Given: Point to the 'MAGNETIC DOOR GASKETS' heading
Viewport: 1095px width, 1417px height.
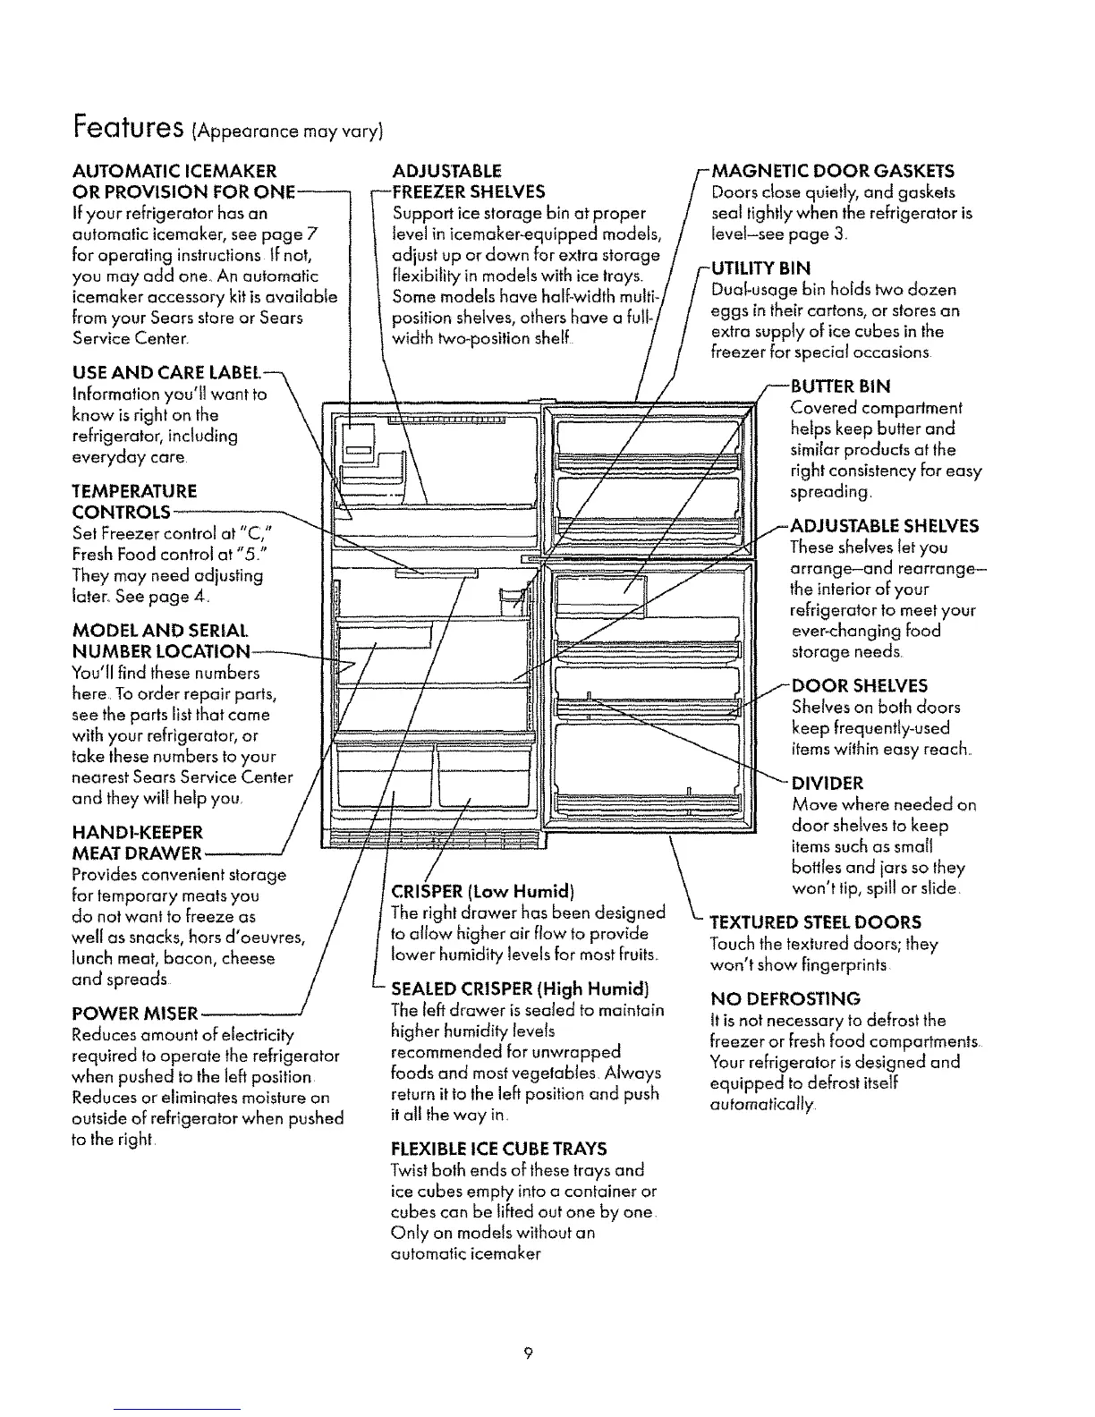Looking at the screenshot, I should click(x=833, y=171).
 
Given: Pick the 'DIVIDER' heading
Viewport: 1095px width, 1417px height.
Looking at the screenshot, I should click(x=828, y=784).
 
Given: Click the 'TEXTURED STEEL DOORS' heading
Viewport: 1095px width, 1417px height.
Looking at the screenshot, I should click(x=815, y=922).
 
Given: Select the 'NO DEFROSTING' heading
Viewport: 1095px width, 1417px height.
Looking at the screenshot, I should click(x=785, y=998).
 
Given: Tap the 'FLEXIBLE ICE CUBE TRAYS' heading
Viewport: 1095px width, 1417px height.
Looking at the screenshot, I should click(x=499, y=1149).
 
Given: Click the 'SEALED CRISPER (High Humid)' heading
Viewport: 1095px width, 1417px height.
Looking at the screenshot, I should click(x=520, y=989).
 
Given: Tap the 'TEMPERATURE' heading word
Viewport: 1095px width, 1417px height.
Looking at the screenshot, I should click(x=133, y=491).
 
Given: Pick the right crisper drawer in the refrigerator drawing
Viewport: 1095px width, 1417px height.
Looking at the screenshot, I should click(x=484, y=776).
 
